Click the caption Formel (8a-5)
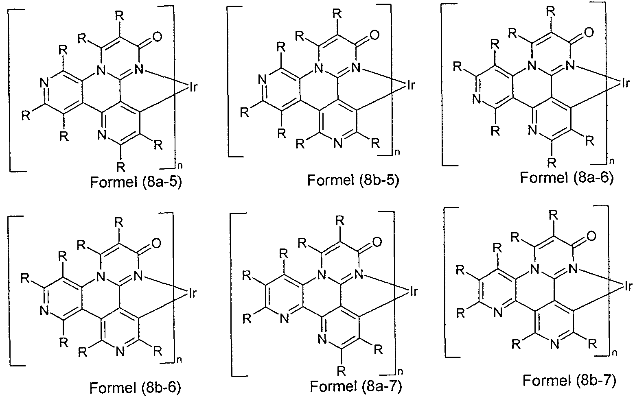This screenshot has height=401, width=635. pyautogui.click(x=136, y=182)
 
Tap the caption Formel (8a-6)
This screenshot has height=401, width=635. pyautogui.click(x=567, y=178)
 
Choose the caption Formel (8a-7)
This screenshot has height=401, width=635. pyautogui.click(x=356, y=386)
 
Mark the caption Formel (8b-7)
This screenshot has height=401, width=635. pyautogui.click(x=569, y=381)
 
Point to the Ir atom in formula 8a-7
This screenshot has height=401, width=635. pyautogui.click(x=414, y=292)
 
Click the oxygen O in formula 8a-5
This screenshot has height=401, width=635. pyautogui.click(x=157, y=37)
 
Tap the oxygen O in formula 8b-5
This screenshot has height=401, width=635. pyautogui.click(x=374, y=35)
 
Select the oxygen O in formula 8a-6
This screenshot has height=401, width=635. pyautogui.click(x=589, y=32)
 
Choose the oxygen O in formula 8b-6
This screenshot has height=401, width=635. pyautogui.click(x=156, y=243)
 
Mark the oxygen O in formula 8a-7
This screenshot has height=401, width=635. pyautogui.click(x=377, y=242)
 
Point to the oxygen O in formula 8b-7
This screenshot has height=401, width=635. pyautogui.click(x=591, y=236)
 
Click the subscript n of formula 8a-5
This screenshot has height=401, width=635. pyautogui.click(x=180, y=166)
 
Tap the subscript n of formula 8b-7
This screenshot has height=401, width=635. pyautogui.click(x=614, y=353)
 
